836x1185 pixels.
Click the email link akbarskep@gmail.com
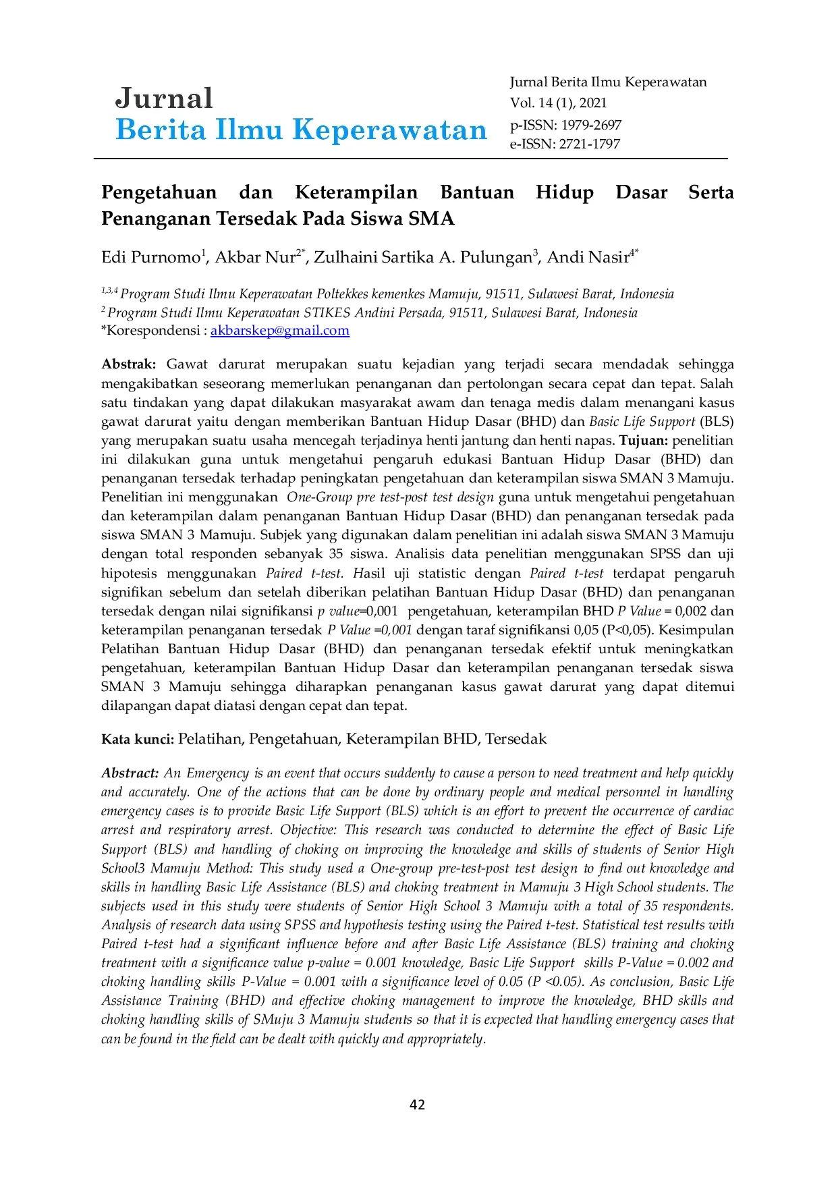[279, 331]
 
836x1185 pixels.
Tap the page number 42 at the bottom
[418, 1104]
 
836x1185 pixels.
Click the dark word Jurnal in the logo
[164, 99]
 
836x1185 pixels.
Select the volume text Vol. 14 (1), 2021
[558, 103]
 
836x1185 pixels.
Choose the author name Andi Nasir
[588, 258]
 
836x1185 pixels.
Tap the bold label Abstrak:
[128, 364]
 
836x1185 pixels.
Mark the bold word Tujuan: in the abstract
[644, 441]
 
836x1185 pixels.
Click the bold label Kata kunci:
[138, 739]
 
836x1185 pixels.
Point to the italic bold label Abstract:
[130, 773]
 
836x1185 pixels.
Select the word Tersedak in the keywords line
[515, 739]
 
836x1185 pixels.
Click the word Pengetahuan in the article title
[159, 192]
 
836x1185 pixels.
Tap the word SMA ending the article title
[431, 219]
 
